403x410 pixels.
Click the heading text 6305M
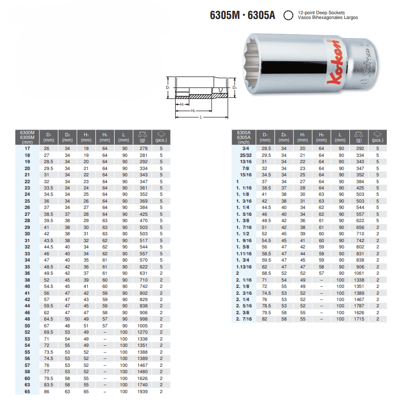pos(225,15)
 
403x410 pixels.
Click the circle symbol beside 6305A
pos(288,15)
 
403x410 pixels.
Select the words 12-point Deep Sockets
pos(321,13)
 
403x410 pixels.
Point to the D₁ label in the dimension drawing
pos(168,87)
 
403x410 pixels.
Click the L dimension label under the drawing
pos(201,117)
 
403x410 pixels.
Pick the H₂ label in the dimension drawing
pos(193,111)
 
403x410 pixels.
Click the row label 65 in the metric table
pos(27,392)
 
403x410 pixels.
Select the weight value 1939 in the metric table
pos(143,392)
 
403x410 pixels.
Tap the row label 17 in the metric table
pos(27,148)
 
